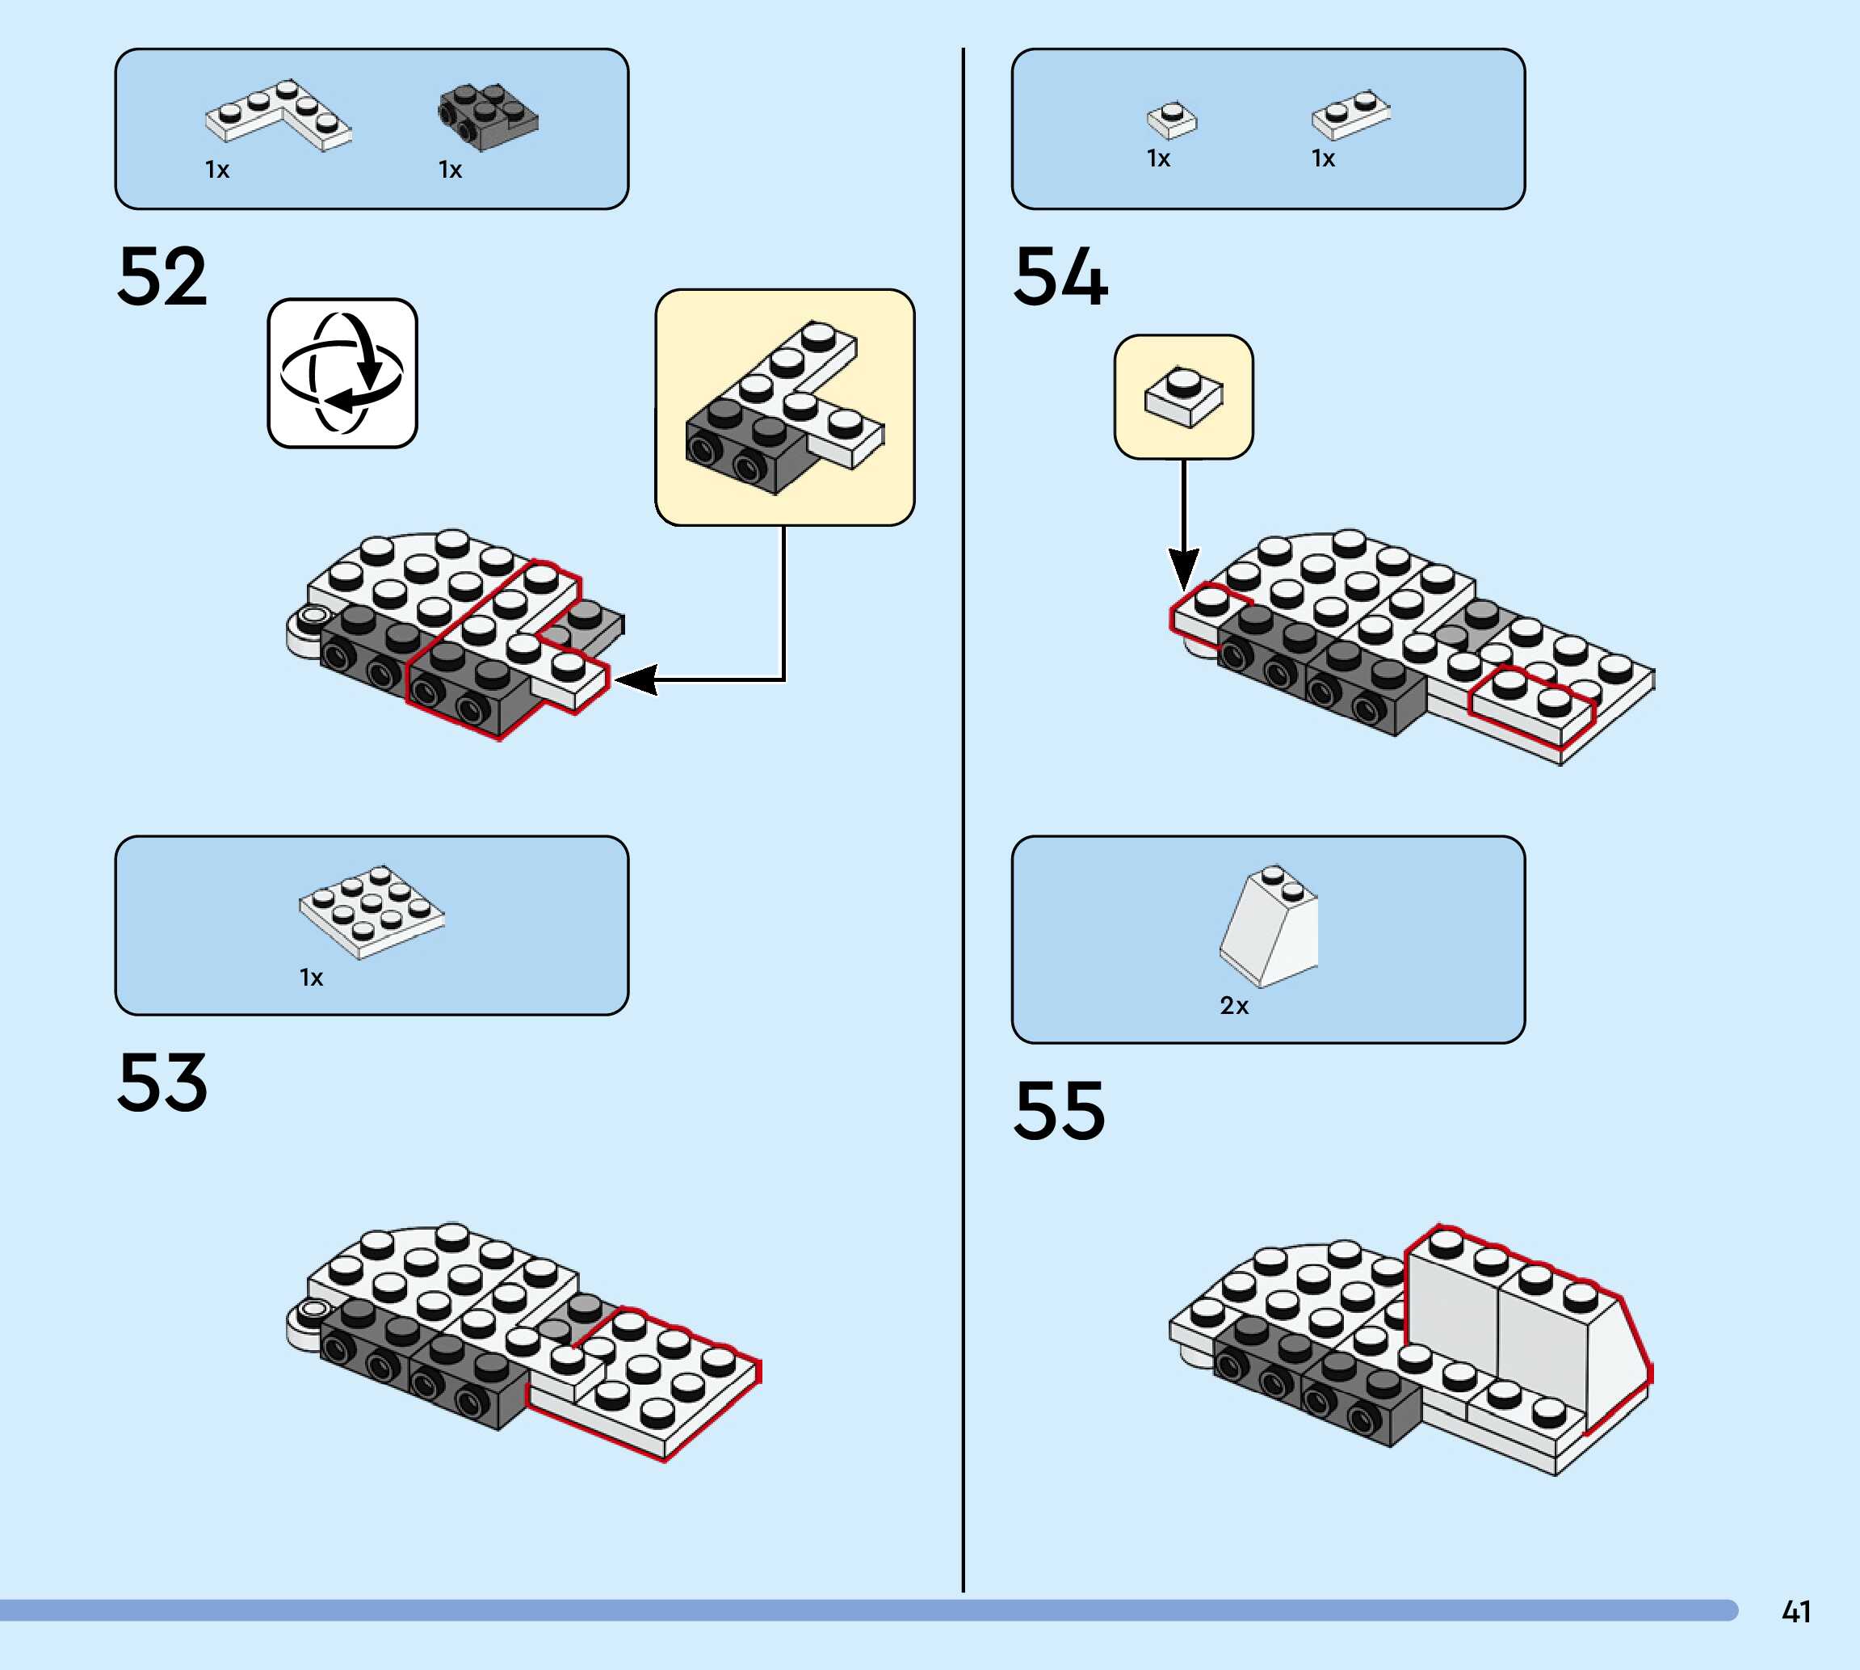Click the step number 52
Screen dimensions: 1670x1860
[x=162, y=276]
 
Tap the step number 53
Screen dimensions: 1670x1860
[x=162, y=1083]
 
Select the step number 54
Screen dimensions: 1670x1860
[x=1060, y=276]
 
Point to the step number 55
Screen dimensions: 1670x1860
[x=1060, y=1110]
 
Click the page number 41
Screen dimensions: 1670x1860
[x=1796, y=1612]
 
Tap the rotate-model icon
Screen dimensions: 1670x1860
[x=342, y=373]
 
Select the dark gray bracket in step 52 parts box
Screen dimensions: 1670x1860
[x=487, y=116]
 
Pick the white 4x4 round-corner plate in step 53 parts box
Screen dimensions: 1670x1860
[x=372, y=911]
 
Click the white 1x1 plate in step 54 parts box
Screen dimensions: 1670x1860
[x=1171, y=120]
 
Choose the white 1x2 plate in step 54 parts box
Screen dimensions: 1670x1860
[x=1350, y=114]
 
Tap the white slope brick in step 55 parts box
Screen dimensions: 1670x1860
[x=1270, y=927]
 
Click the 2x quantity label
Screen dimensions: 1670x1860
[x=1233, y=1007]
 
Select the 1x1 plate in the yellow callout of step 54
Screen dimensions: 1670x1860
[x=1183, y=397]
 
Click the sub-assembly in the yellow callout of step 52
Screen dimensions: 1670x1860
[x=784, y=408]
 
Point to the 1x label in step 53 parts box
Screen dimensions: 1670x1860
[x=311, y=978]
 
